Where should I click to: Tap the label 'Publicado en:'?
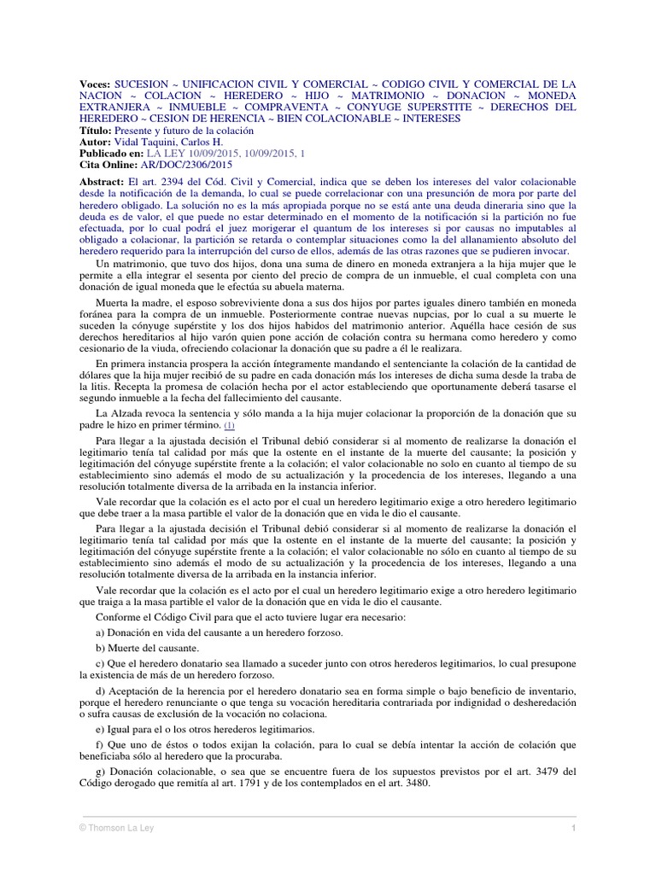tap(109, 154)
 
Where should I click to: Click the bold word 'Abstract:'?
tap(101, 183)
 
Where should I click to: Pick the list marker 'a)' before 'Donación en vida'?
tap(101, 632)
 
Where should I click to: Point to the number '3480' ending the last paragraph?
tap(415, 784)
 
